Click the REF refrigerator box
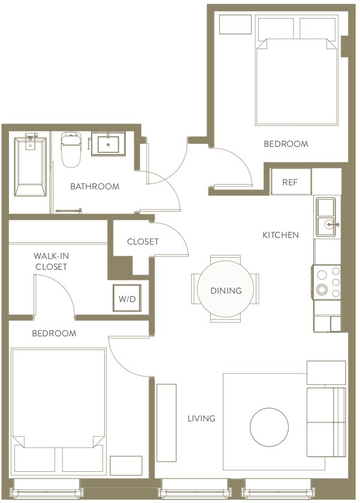point(291,182)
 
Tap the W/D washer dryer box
point(127,297)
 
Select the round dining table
point(226,291)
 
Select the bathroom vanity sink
point(108,145)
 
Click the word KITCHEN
point(280,235)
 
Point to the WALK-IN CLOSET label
point(51,261)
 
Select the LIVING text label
point(201,418)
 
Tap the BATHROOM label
point(95,186)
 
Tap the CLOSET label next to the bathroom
point(143,242)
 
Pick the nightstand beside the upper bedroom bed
point(235,25)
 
